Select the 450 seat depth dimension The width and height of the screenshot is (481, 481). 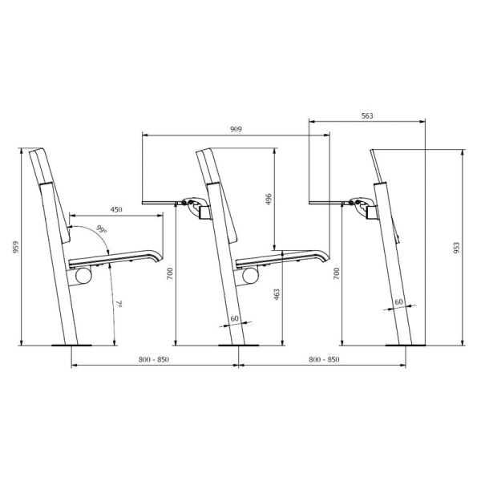[x=116, y=209]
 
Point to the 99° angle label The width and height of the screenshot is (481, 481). [x=100, y=229]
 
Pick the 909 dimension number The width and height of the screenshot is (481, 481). [x=236, y=128]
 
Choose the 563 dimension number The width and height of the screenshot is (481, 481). [x=366, y=116]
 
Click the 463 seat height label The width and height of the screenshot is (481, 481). [x=277, y=294]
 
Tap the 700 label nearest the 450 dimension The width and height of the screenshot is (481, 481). [x=169, y=273]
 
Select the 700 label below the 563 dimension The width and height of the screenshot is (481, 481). [x=336, y=273]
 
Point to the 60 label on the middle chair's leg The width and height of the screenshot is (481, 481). [x=234, y=318]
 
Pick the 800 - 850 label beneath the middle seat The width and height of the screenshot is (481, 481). [x=323, y=359]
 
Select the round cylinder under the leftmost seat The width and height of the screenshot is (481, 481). [x=83, y=275]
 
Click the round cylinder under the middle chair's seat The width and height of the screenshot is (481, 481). [x=250, y=275]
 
